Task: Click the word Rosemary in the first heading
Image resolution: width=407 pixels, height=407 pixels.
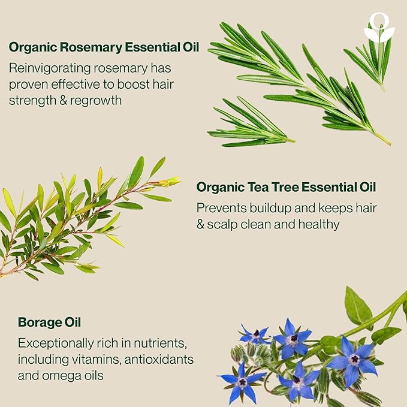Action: click(x=82, y=47)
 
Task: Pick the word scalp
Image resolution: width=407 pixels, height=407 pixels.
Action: click(x=224, y=224)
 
